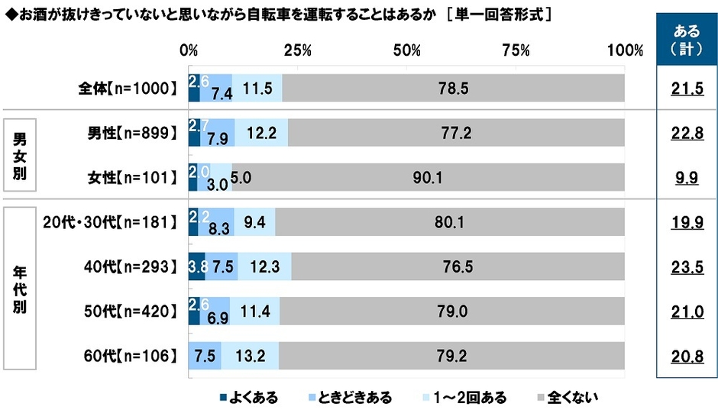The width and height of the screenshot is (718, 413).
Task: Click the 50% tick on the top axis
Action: point(407,50)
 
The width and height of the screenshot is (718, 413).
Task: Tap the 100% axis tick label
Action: point(625,50)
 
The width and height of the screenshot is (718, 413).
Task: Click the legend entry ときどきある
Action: point(354,397)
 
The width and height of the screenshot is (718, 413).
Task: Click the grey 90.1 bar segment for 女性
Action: point(428,178)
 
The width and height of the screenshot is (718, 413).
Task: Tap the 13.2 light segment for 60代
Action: point(250,355)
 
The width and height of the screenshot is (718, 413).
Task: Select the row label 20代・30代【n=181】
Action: point(107,222)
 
